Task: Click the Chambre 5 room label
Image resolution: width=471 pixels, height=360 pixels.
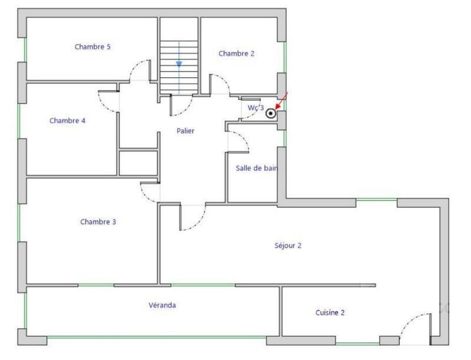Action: point(92,47)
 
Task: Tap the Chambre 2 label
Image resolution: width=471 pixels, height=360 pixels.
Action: point(236,54)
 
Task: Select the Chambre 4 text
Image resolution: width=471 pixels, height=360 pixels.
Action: point(67,120)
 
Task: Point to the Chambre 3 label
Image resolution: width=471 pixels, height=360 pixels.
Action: point(98,222)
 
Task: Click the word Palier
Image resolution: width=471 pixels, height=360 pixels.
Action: point(185,131)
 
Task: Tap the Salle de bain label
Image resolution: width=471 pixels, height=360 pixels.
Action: point(257,168)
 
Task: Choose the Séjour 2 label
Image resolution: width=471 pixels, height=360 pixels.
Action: point(288,246)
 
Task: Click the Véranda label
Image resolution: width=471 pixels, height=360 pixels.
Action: point(162,305)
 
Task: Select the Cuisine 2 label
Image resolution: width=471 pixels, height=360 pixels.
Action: point(330,313)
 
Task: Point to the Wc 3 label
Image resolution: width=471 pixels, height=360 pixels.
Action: point(255,108)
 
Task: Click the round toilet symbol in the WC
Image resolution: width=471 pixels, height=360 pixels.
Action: point(271,114)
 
